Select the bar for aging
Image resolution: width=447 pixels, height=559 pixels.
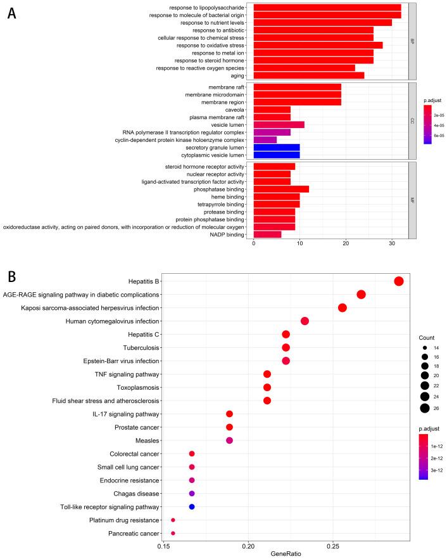(x=309, y=75)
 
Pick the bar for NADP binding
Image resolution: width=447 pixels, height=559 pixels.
(x=268, y=234)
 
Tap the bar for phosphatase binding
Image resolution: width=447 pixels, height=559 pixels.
(x=281, y=188)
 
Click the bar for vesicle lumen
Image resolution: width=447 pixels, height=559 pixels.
(x=279, y=124)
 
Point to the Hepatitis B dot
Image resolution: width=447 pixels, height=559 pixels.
(x=398, y=281)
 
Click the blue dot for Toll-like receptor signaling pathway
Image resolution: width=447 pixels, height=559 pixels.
(x=192, y=506)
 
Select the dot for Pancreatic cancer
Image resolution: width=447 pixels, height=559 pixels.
(x=173, y=534)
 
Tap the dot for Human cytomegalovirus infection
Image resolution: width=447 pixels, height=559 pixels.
(x=305, y=321)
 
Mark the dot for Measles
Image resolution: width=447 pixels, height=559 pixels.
(x=229, y=440)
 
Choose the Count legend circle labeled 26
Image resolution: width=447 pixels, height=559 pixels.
(x=424, y=408)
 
